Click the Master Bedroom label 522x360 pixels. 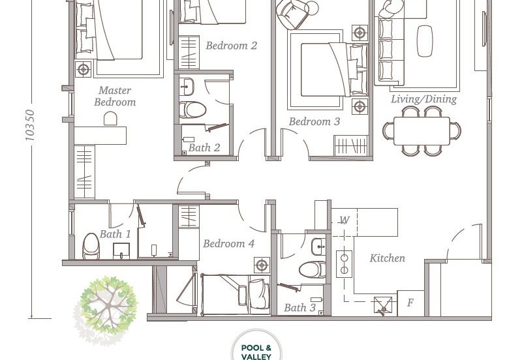[115, 96]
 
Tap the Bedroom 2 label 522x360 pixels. [232, 45]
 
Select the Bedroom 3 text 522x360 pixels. [315, 121]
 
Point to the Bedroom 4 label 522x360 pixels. [229, 243]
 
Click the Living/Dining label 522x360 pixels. [423, 99]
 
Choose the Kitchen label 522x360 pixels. [387, 258]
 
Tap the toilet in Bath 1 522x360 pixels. [91, 247]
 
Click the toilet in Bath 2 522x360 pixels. [192, 110]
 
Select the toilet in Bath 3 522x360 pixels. [313, 269]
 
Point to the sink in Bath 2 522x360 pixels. [187, 87]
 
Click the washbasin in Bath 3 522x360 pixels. [319, 247]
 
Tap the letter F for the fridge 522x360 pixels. [410, 303]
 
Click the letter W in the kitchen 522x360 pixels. [345, 220]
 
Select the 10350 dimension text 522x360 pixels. [30, 125]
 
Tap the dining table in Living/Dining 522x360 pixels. [422, 130]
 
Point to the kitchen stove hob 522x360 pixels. [345, 264]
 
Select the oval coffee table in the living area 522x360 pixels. [425, 41]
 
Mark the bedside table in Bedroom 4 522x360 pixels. [262, 265]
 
